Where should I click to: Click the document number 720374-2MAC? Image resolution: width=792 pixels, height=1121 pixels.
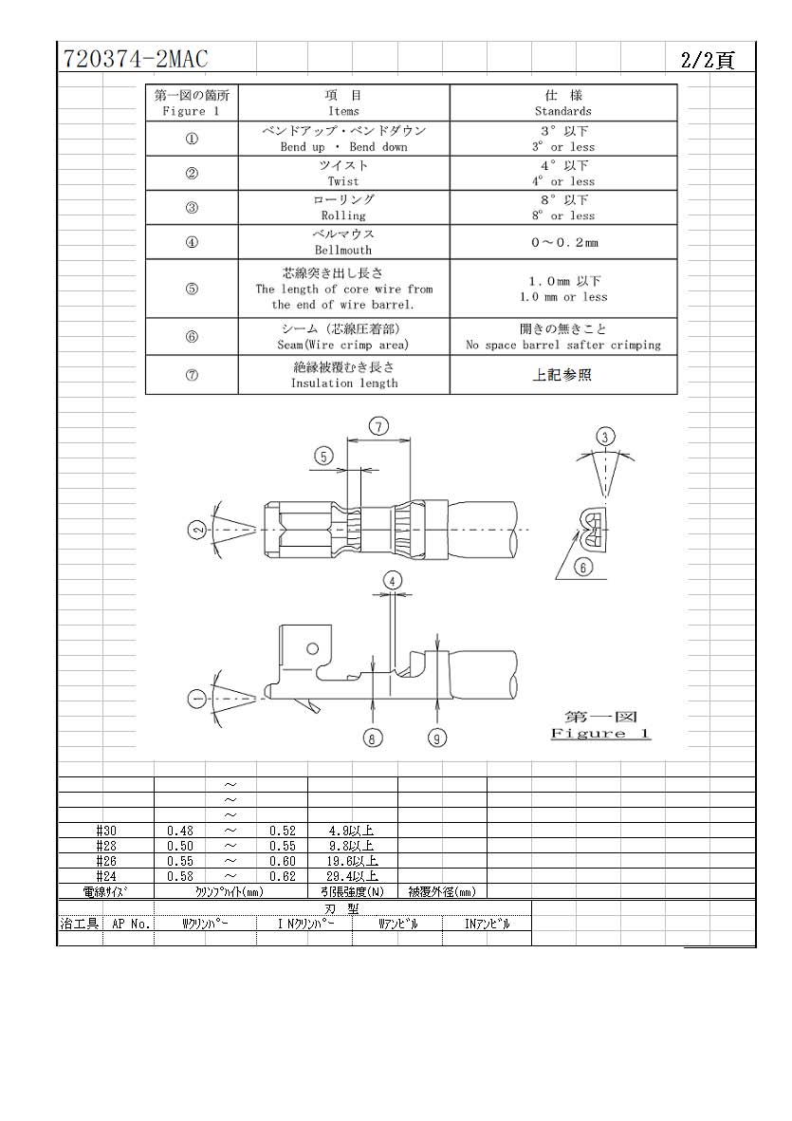tap(136, 59)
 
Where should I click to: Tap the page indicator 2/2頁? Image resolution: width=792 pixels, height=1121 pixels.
tap(708, 60)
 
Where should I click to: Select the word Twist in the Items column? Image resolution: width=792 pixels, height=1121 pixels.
tap(343, 181)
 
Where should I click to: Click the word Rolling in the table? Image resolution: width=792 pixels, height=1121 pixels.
tap(343, 215)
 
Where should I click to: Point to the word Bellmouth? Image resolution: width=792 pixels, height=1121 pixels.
tap(343, 251)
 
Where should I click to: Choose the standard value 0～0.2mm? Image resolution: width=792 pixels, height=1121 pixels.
tap(564, 242)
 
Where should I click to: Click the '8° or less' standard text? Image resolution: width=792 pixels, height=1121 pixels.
tap(563, 215)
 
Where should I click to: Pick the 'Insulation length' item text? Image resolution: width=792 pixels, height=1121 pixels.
tap(343, 383)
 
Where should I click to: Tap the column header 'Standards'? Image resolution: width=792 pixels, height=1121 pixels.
tap(563, 111)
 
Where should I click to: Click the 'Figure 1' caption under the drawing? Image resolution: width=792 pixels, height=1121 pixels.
tap(600, 734)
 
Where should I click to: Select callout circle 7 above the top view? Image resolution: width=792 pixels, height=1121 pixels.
tap(378, 427)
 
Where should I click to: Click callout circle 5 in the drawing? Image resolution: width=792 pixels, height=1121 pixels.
tap(324, 457)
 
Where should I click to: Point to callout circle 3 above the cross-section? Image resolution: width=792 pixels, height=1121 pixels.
tap(605, 437)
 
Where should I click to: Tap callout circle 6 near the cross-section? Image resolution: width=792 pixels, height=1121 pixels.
tap(583, 568)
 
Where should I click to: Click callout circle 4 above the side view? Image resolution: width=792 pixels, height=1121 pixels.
tap(392, 581)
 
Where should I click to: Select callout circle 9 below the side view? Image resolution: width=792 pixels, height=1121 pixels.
tap(437, 738)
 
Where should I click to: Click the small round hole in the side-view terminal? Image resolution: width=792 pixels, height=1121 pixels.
tap(312, 648)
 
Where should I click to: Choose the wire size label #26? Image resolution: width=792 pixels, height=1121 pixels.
tap(106, 862)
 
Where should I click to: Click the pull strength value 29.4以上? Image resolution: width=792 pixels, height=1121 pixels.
tap(353, 876)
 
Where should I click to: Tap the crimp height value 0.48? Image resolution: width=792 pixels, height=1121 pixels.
tap(180, 831)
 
